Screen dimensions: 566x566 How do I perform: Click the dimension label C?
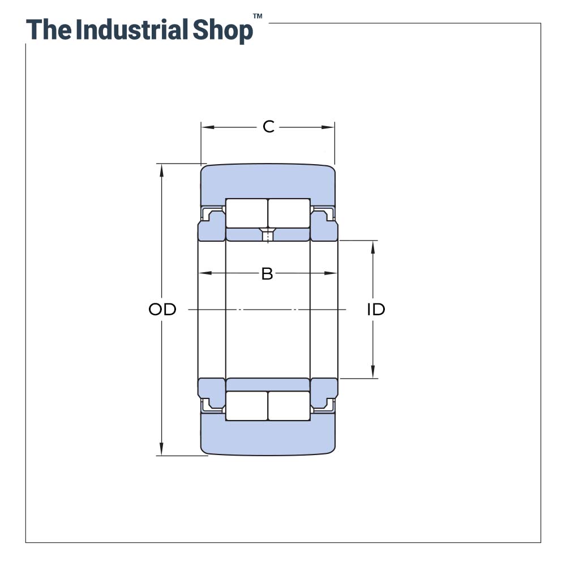(268, 127)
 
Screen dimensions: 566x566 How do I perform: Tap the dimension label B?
(267, 274)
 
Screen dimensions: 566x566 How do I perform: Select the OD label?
(162, 310)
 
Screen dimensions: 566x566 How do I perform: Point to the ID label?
(376, 310)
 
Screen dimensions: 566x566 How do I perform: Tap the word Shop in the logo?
(222, 29)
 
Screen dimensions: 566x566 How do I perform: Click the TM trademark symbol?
(258, 16)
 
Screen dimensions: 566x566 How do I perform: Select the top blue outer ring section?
(268, 181)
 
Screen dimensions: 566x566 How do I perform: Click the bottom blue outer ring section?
(268, 438)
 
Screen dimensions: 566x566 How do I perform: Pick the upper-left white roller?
(247, 213)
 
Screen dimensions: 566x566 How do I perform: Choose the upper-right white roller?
(289, 213)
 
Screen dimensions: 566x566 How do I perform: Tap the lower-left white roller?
(247, 406)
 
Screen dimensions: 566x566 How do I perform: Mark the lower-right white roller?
(289, 406)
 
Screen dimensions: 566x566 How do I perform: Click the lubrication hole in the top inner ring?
(268, 233)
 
